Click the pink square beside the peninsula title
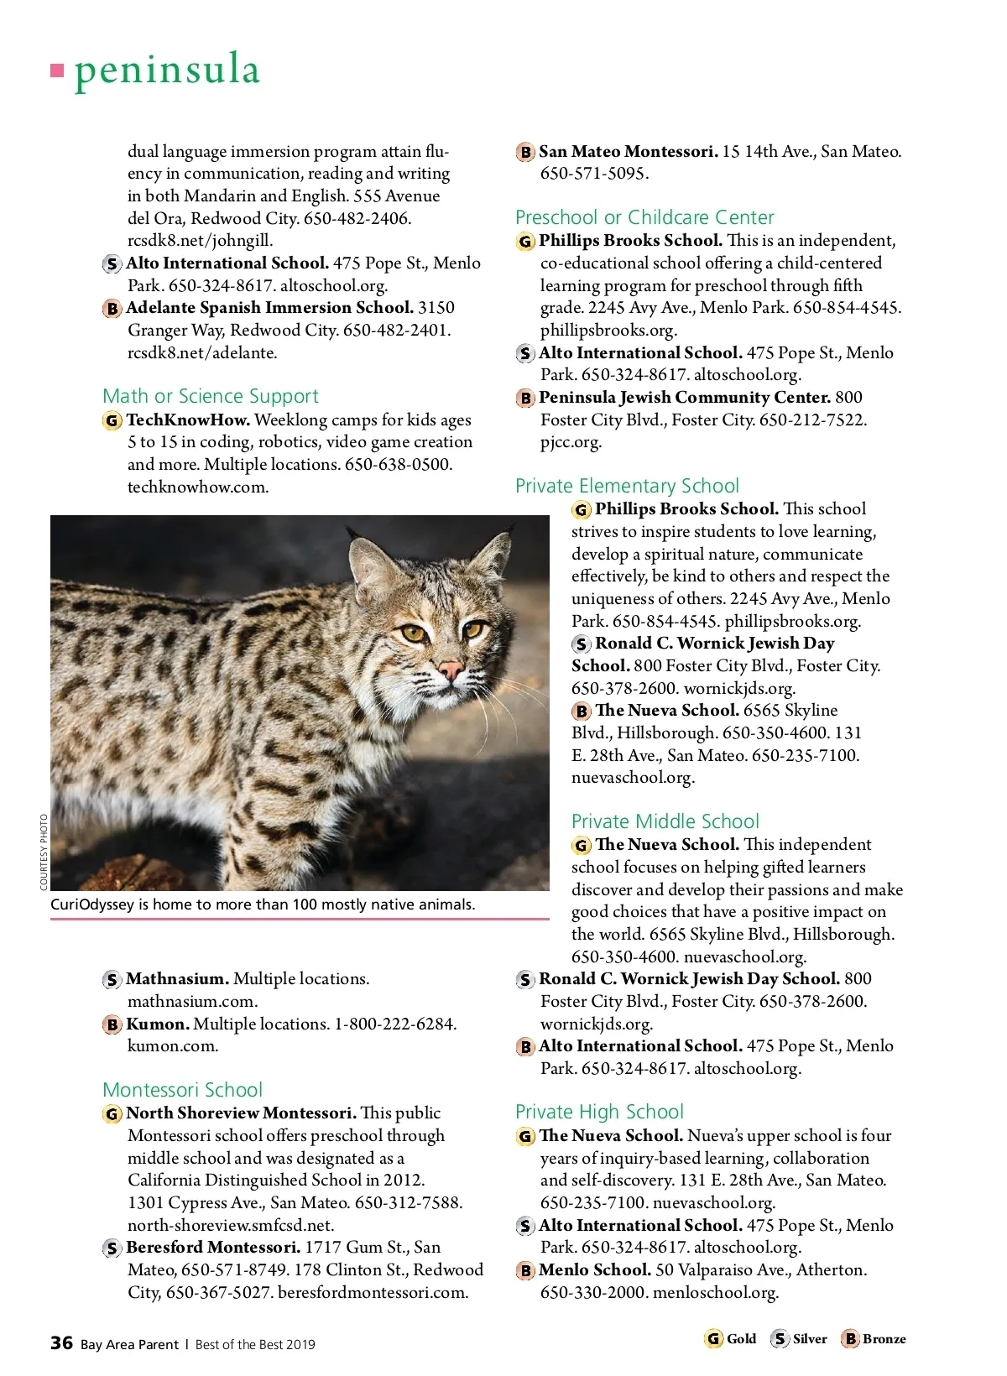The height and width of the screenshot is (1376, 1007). point(57,70)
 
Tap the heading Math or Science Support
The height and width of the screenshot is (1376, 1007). point(211,396)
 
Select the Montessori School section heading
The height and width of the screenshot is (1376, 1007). point(182,1090)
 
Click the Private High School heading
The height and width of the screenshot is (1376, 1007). point(599,1112)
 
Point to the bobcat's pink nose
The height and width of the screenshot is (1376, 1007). point(451,670)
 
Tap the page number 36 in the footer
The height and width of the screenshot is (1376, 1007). point(61,1343)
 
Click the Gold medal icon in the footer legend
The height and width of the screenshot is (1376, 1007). point(713,1339)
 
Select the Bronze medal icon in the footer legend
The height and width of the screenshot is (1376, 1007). point(850,1339)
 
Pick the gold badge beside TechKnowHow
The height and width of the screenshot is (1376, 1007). point(112,420)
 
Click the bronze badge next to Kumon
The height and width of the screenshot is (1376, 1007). point(112,1024)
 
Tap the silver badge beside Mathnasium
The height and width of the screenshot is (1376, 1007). point(112,980)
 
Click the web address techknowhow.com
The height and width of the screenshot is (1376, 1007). point(198,487)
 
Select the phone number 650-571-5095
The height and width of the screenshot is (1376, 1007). point(594,174)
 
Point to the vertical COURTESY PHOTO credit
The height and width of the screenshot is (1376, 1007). point(44,852)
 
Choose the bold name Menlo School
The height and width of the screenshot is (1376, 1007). point(594,1269)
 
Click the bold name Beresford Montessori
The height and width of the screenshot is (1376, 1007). point(213,1248)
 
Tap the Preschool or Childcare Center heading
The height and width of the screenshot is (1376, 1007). point(644,217)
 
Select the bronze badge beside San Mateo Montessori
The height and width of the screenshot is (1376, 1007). point(525,152)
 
